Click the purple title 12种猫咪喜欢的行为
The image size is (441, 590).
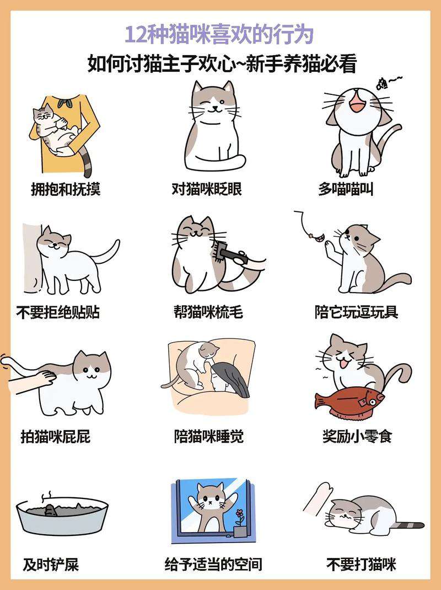(219, 35)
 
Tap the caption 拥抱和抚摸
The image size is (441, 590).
(66, 189)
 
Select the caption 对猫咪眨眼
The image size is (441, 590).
(206, 189)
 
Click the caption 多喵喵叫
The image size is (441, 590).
(346, 189)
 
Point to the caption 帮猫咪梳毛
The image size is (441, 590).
(208, 312)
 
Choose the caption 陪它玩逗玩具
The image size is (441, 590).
(357, 312)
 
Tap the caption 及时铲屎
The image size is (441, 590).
(51, 565)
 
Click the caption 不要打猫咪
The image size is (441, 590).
(361, 565)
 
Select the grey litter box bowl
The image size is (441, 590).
(62, 515)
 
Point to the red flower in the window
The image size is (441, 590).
(239, 513)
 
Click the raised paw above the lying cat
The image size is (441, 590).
(318, 498)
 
